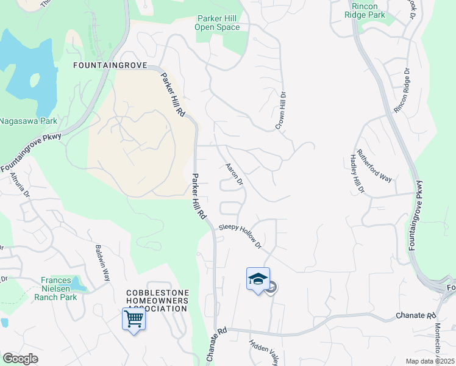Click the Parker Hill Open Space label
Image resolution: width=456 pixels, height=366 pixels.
click(x=217, y=23)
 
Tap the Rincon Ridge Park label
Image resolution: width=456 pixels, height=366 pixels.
click(x=365, y=10)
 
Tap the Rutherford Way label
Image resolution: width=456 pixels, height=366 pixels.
click(x=374, y=165)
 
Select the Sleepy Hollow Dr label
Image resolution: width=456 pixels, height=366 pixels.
click(x=240, y=236)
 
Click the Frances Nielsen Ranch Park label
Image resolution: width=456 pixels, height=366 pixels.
click(x=59, y=289)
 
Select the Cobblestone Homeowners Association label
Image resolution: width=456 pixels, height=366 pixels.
click(x=157, y=300)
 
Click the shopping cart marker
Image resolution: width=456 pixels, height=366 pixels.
click(x=134, y=318)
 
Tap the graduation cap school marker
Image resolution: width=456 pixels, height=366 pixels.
click(x=258, y=279)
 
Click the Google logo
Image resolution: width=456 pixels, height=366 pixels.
click(x=20, y=359)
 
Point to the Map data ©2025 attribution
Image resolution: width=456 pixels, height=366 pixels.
click(x=430, y=361)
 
